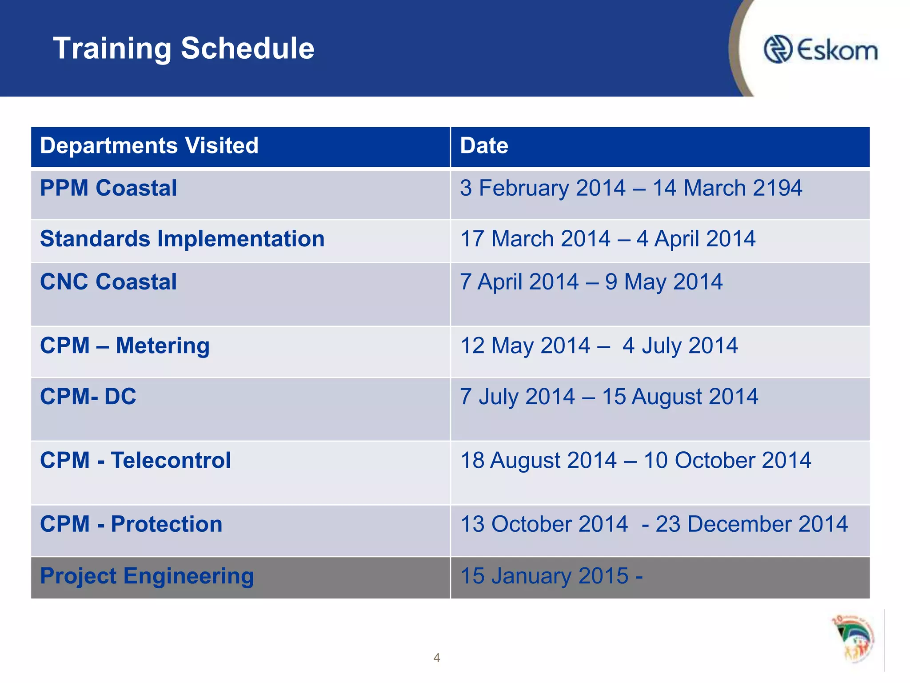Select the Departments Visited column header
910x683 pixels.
pyautogui.click(x=149, y=146)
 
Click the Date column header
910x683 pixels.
pyautogui.click(x=484, y=146)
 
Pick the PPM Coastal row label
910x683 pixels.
pyautogui.click(x=108, y=188)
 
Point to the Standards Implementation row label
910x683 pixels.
pyautogui.click(x=182, y=239)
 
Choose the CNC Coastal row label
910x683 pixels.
pyautogui.click(x=108, y=282)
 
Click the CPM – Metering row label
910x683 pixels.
pyautogui.click(x=124, y=346)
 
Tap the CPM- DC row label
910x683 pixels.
pyautogui.click(x=88, y=396)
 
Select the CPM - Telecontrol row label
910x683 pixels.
pyautogui.click(x=135, y=460)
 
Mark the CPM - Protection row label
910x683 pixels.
pyautogui.click(x=131, y=524)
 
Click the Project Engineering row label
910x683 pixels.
pyautogui.click(x=147, y=576)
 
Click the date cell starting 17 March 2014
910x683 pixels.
pyautogui.click(x=607, y=239)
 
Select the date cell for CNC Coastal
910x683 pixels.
pyautogui.click(x=591, y=282)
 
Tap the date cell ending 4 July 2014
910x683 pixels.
pyautogui.click(x=599, y=346)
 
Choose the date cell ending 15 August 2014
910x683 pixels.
pyautogui.click(x=609, y=396)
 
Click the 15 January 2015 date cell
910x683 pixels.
pyautogui.click(x=551, y=576)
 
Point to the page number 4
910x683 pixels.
pyautogui.click(x=437, y=658)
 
